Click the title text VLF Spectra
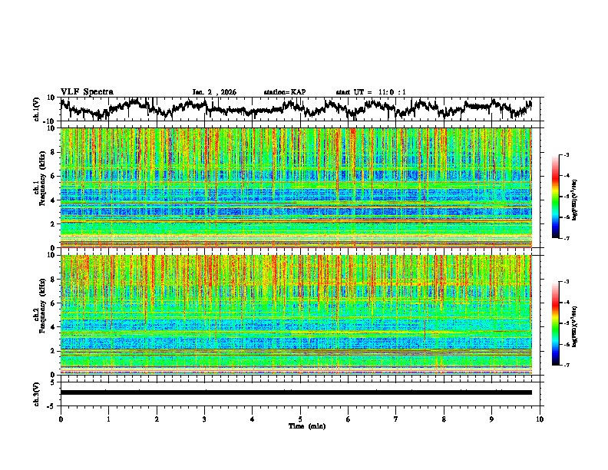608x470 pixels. point(87,92)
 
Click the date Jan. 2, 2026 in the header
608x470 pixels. point(214,92)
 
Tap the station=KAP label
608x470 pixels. point(284,92)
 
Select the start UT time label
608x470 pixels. point(371,92)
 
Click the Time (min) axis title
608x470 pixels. point(300,425)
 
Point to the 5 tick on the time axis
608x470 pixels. point(300,419)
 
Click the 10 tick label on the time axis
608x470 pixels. point(540,419)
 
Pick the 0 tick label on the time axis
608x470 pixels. point(61,419)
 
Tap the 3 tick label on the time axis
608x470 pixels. point(204,419)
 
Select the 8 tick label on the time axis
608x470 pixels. point(444,419)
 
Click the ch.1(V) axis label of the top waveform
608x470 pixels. point(38,109)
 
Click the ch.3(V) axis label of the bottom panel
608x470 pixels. point(38,392)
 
